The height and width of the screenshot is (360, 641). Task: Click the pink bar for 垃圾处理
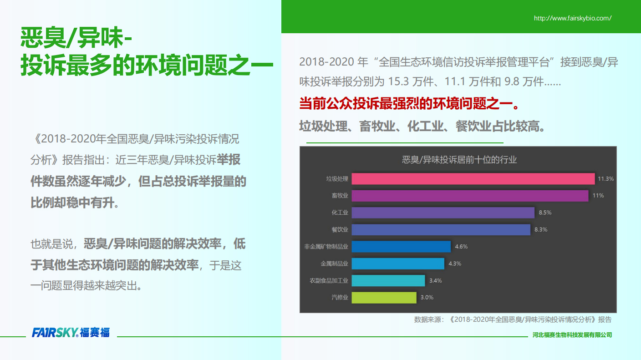[473, 179]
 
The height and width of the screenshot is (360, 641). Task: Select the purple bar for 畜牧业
[470, 196]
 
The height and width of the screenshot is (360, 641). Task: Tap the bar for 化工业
[443, 213]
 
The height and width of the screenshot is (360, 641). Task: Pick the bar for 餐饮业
[441, 229]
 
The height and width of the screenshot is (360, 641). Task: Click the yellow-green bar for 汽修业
[384, 298]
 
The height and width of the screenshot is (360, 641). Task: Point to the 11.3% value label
[606, 179]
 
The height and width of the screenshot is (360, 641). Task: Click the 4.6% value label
[461, 247]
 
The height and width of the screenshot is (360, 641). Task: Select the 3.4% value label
[436, 281]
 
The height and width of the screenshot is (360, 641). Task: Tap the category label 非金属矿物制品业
[326, 247]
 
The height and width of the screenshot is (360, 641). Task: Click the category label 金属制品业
[334, 264]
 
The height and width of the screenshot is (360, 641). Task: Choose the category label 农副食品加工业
[329, 281]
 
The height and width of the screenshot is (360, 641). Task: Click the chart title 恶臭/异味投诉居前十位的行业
[459, 160]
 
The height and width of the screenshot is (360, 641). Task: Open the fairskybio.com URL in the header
[573, 18]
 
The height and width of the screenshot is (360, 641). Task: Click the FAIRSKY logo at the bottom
[71, 333]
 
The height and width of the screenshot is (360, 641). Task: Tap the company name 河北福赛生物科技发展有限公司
[572, 335]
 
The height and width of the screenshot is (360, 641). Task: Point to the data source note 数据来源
[513, 319]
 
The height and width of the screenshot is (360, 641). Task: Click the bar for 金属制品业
[398, 264]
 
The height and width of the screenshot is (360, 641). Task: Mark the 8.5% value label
[545, 213]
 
